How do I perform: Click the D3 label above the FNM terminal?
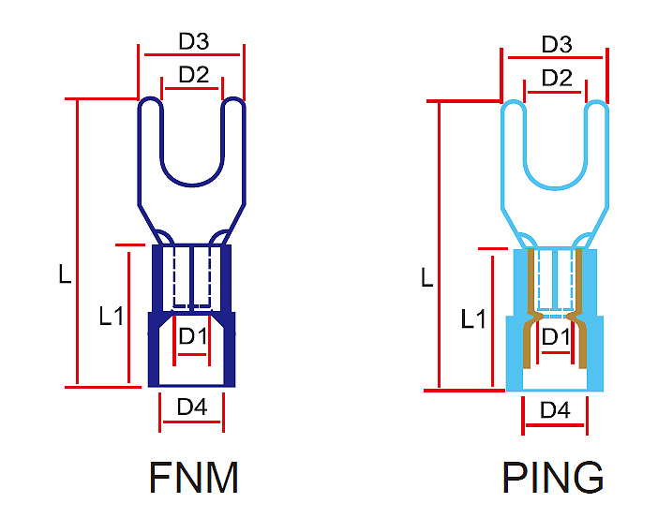193,41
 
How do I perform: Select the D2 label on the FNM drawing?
193,75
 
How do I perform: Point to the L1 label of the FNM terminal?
112,317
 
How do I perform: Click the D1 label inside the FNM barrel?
192,336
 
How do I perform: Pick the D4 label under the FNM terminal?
192,407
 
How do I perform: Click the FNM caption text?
194,478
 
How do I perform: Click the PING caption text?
553,478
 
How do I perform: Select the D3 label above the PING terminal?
556,44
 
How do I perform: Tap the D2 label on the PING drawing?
556,78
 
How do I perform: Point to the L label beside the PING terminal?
426,278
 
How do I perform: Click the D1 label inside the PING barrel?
555,336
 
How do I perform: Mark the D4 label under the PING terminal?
556,409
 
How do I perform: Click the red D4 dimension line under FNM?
192,423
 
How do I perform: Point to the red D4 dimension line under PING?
556,426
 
